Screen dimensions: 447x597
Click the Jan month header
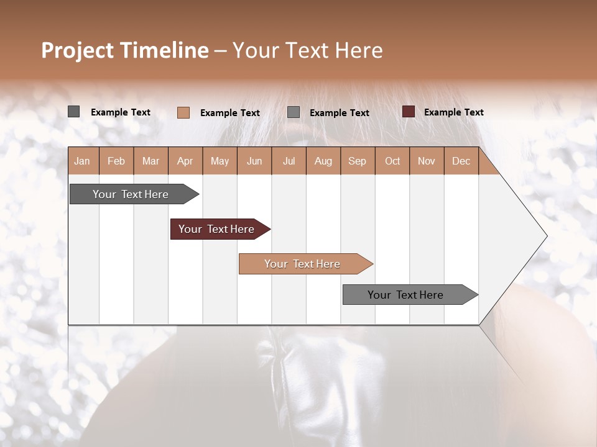tap(82, 161)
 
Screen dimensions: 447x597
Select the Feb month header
tap(116, 161)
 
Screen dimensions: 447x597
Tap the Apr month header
tap(185, 161)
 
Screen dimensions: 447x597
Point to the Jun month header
tap(254, 161)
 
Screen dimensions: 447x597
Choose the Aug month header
tap(323, 161)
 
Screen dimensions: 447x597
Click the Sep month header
tap(358, 161)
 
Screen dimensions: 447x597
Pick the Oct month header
tap(392, 161)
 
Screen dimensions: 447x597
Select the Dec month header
tap(461, 161)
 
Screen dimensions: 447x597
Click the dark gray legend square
tap(73, 112)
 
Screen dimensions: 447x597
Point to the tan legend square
tap(183, 112)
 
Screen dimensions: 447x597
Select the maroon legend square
tap(409, 112)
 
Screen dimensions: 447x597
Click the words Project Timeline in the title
tap(125, 50)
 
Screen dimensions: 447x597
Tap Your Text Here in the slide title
tap(308, 50)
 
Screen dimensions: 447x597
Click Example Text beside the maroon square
tap(453, 112)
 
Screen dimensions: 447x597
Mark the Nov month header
tap(427, 161)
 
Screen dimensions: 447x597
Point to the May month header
tap(220, 161)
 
